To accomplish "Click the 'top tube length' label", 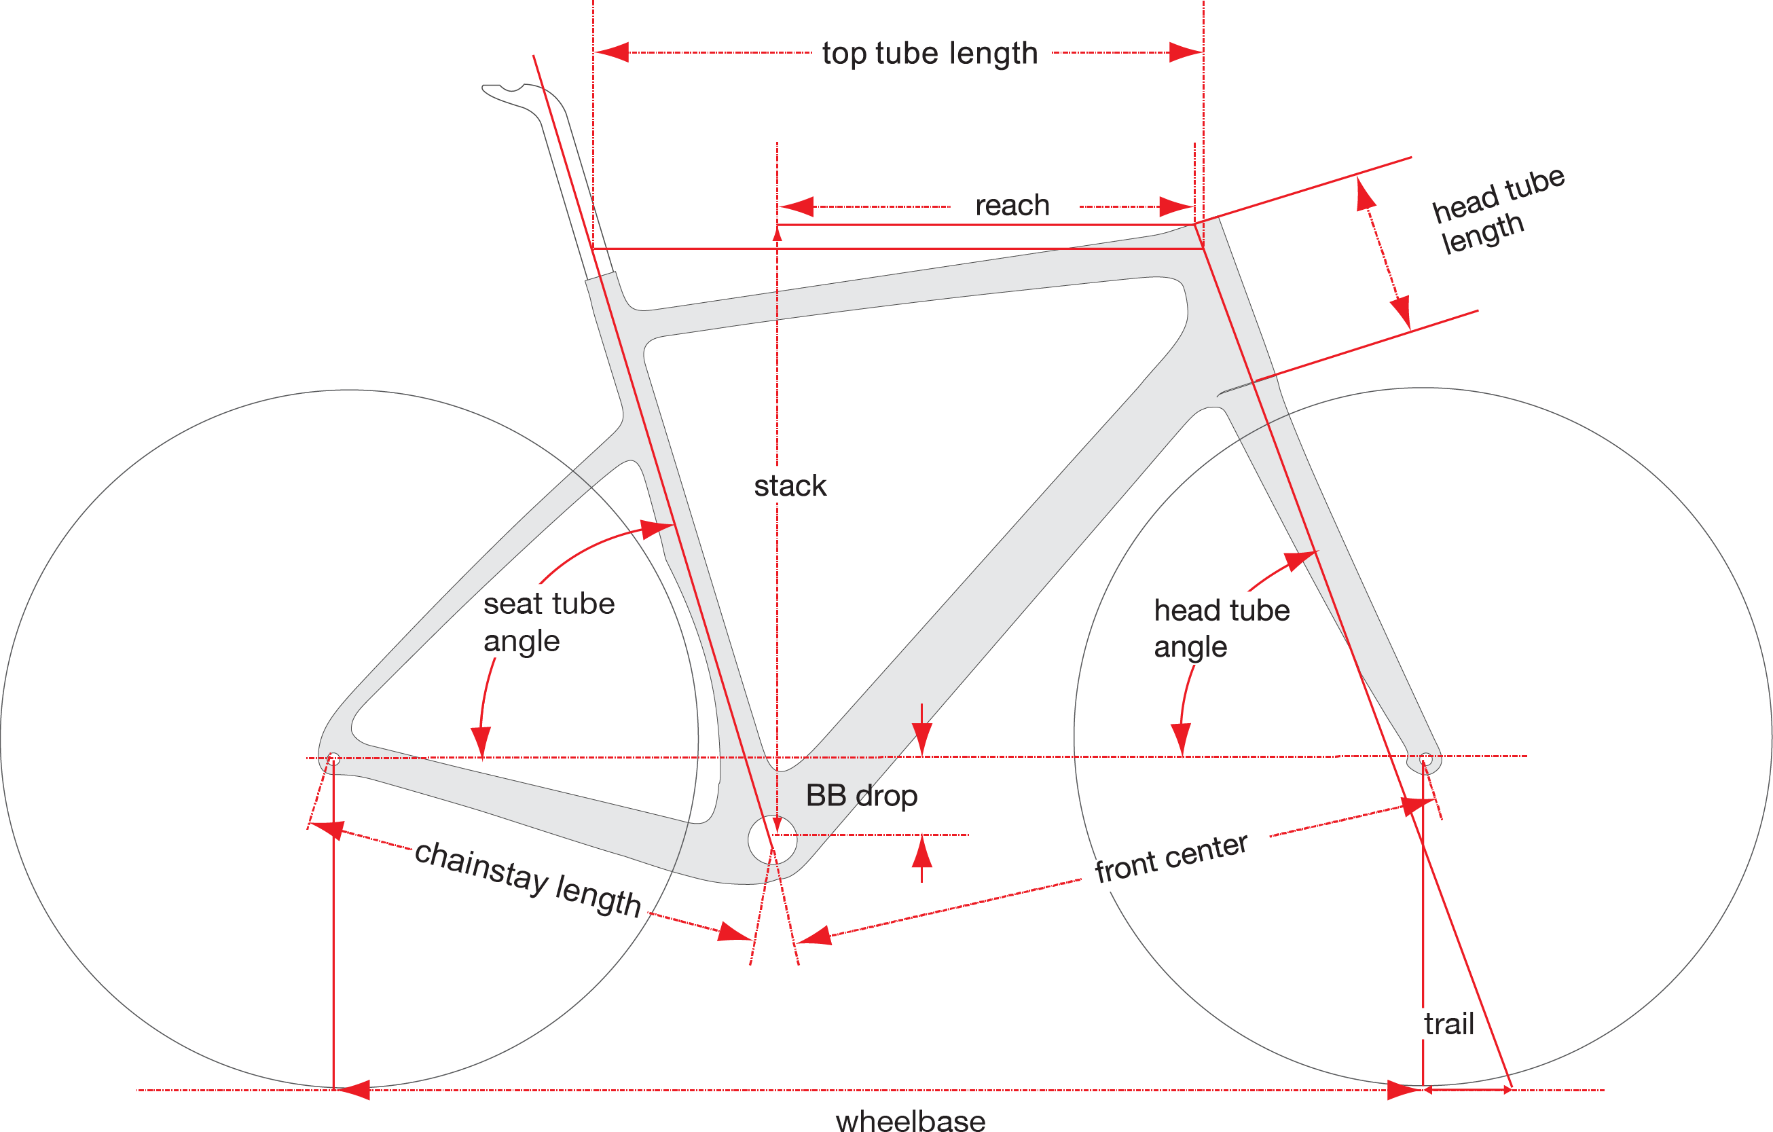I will click(929, 53).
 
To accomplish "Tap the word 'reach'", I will click(1012, 206).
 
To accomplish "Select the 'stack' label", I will click(790, 486).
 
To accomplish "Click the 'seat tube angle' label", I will click(549, 622).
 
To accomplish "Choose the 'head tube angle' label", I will click(1222, 628).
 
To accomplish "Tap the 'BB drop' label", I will click(862, 796).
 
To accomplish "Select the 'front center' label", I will click(1171, 858).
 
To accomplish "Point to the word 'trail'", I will click(1448, 1025).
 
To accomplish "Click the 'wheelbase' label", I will click(910, 1120).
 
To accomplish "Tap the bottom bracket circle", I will click(772, 839).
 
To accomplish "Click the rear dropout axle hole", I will click(333, 759).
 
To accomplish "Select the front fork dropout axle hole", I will click(1425, 759).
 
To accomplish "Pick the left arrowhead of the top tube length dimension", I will click(611, 53).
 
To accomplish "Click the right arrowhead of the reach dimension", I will click(1177, 207).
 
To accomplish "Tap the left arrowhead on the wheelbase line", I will click(354, 1090).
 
